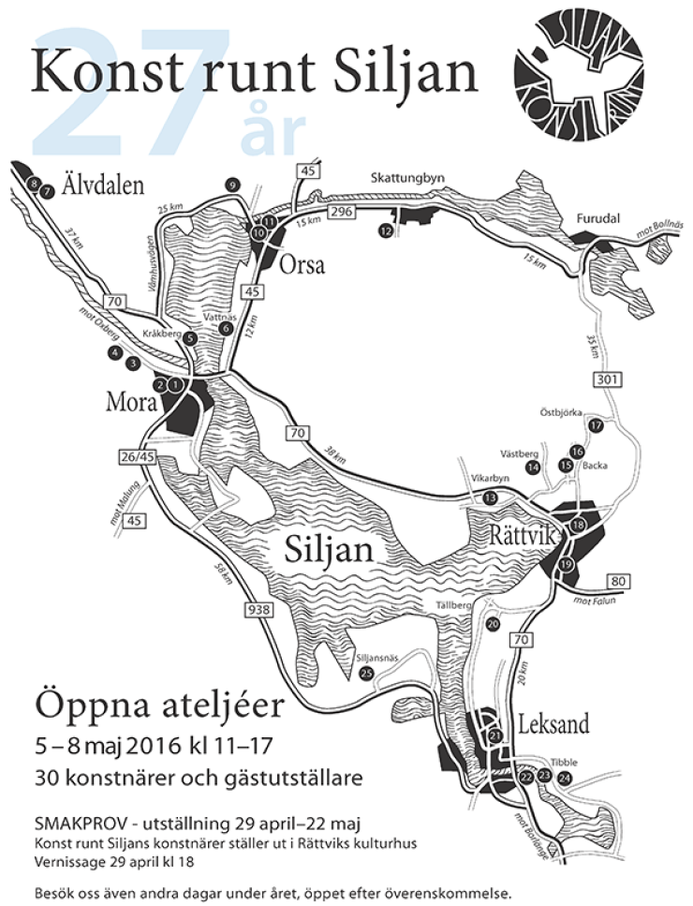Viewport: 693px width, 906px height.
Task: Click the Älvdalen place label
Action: pyautogui.click(x=103, y=185)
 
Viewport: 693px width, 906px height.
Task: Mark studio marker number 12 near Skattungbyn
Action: pyautogui.click(x=385, y=230)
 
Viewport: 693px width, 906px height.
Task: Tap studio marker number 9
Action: pyautogui.click(x=232, y=186)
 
